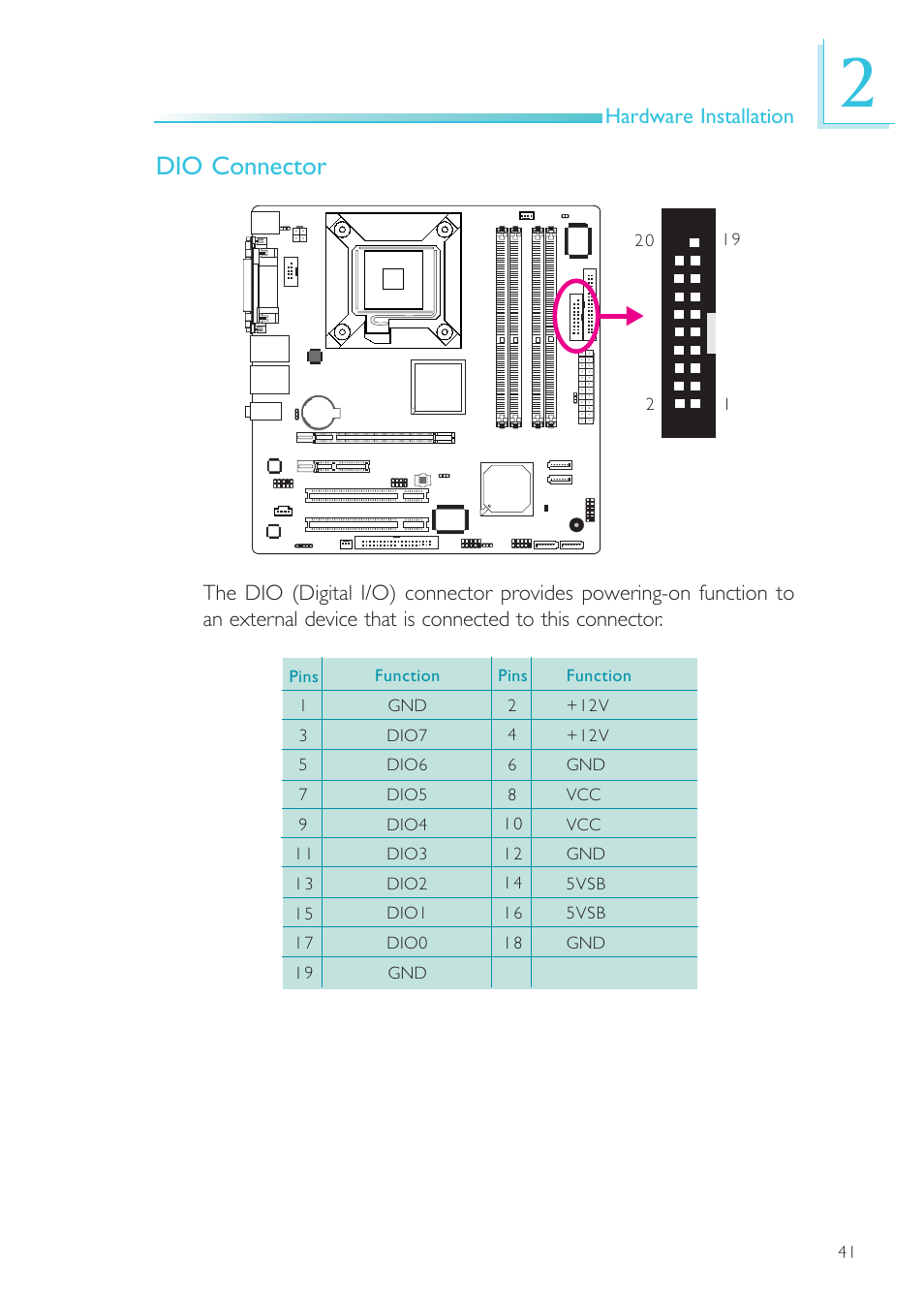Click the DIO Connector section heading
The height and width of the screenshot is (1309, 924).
coord(240,167)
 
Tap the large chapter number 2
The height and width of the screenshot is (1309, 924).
coord(857,83)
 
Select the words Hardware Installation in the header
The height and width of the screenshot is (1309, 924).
coord(699,116)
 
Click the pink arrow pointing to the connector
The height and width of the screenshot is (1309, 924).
coord(620,316)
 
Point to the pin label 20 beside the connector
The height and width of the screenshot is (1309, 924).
coord(644,240)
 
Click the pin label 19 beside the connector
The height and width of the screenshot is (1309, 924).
coord(731,239)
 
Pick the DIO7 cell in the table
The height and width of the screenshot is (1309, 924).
coord(407,735)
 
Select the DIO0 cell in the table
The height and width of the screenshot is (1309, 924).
coord(407,943)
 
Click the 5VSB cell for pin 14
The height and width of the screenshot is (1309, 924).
coord(585,884)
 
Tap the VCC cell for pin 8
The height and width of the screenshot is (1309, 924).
coord(583,795)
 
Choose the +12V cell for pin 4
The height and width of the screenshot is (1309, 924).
coord(588,735)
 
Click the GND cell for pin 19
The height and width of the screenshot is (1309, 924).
coord(407,973)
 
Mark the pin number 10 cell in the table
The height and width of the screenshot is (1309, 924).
coord(512,824)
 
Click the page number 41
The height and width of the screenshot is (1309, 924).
coord(847,1252)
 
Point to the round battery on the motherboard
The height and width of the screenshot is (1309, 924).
coord(319,413)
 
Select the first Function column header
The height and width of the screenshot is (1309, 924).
coord(407,675)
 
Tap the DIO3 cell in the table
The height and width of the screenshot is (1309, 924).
coord(407,854)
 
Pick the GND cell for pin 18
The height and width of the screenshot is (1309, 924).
coord(585,943)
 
